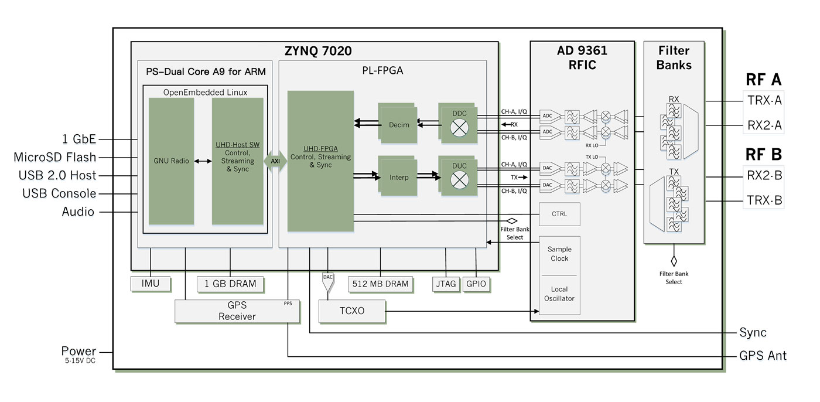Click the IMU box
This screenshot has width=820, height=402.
pos(151,284)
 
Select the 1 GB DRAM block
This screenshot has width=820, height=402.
pos(230,284)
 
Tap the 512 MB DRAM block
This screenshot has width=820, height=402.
pos(380,284)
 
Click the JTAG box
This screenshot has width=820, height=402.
pos(446,284)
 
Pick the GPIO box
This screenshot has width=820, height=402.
pos(476,284)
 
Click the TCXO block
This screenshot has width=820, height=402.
pos(352,311)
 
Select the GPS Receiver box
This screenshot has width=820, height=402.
pos(237,311)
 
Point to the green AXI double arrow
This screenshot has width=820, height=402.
pos(275,161)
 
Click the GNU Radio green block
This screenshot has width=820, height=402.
pos(171,161)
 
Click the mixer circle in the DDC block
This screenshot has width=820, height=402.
pos(459,128)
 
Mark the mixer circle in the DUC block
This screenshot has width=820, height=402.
pos(459,180)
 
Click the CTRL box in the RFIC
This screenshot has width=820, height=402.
pos(559,214)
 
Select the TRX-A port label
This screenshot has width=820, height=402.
pos(764,100)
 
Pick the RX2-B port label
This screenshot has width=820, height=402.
pos(764,176)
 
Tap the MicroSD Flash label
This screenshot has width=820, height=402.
pos(55,158)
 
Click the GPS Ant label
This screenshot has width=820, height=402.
pos(763,356)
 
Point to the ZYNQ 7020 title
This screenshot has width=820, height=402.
pos(318,51)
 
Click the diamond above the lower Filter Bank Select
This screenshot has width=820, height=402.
pos(674,261)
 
